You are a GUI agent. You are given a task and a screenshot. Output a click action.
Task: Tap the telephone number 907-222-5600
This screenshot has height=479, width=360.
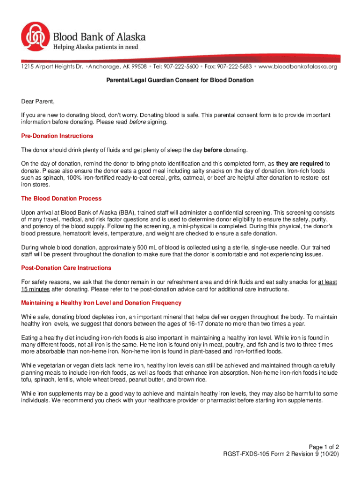click(181, 67)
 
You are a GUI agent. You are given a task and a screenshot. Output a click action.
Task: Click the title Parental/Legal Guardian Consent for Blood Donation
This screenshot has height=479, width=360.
click(180, 80)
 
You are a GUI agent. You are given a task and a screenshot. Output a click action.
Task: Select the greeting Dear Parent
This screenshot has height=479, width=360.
click(38, 102)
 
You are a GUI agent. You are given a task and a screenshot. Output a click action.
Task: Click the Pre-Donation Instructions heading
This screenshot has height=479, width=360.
click(57, 136)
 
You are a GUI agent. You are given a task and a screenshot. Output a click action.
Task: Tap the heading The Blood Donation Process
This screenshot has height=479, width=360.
click(61, 199)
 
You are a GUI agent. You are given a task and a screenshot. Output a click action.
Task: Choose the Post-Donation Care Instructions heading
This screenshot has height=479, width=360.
click(66, 268)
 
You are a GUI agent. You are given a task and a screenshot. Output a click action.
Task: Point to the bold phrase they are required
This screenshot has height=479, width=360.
click(300, 164)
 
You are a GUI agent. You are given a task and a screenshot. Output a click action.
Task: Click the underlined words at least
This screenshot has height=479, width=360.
click(328, 282)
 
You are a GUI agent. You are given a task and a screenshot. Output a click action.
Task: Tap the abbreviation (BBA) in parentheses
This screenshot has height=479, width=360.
click(126, 212)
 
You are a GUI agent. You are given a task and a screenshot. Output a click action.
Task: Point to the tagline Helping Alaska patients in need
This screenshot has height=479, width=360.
click(95, 47)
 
